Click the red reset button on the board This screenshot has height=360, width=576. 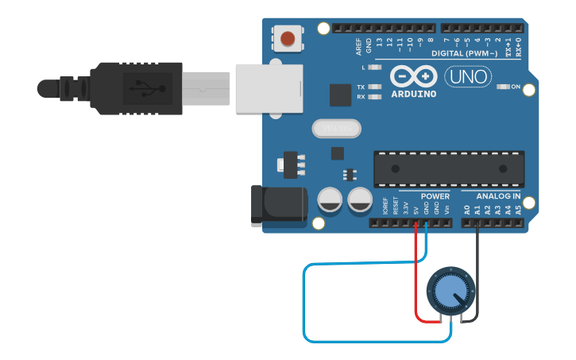288,37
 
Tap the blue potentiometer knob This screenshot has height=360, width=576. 450,293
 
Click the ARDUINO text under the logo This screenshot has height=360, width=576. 413,94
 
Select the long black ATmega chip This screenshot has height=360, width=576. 449,168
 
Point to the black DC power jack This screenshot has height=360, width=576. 277,203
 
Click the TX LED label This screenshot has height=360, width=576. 361,87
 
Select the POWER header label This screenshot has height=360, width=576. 435,196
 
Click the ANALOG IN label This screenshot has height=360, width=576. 498,196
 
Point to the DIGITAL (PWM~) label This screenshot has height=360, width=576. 464,53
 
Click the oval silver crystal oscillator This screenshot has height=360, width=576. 336,127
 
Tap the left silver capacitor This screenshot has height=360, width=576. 331,200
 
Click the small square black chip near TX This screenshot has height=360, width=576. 340,95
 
